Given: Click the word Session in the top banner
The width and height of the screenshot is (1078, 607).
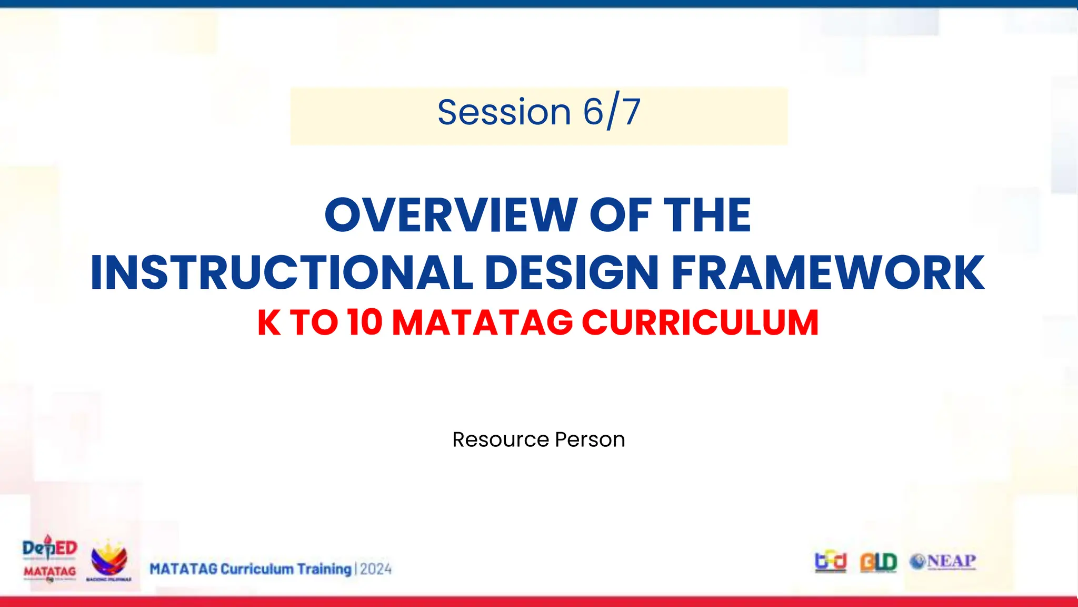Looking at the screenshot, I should tap(504, 112).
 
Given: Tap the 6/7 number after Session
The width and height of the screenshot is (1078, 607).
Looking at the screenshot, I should tap(612, 112).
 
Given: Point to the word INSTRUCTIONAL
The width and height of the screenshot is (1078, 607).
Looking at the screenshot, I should tap(282, 272).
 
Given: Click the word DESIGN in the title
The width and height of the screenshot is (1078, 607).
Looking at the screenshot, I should tap(572, 272).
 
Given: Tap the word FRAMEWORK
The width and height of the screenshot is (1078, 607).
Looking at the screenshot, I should tap(828, 272).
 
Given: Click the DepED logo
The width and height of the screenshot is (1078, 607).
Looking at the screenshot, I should tap(49, 549).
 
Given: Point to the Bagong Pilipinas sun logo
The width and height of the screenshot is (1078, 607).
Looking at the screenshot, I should tap(109, 560).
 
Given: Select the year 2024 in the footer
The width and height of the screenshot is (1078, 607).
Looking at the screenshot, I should tap(376, 569).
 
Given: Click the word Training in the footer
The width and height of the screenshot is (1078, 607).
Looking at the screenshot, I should tap(324, 569).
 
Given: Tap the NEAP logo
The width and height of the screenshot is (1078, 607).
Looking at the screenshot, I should tap(943, 562).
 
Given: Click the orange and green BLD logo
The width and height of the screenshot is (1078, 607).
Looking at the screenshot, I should tap(879, 562).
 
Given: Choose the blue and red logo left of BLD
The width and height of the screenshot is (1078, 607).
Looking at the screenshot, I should tap(830, 562).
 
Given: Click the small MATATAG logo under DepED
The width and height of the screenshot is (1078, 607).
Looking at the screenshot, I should tap(49, 572).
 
